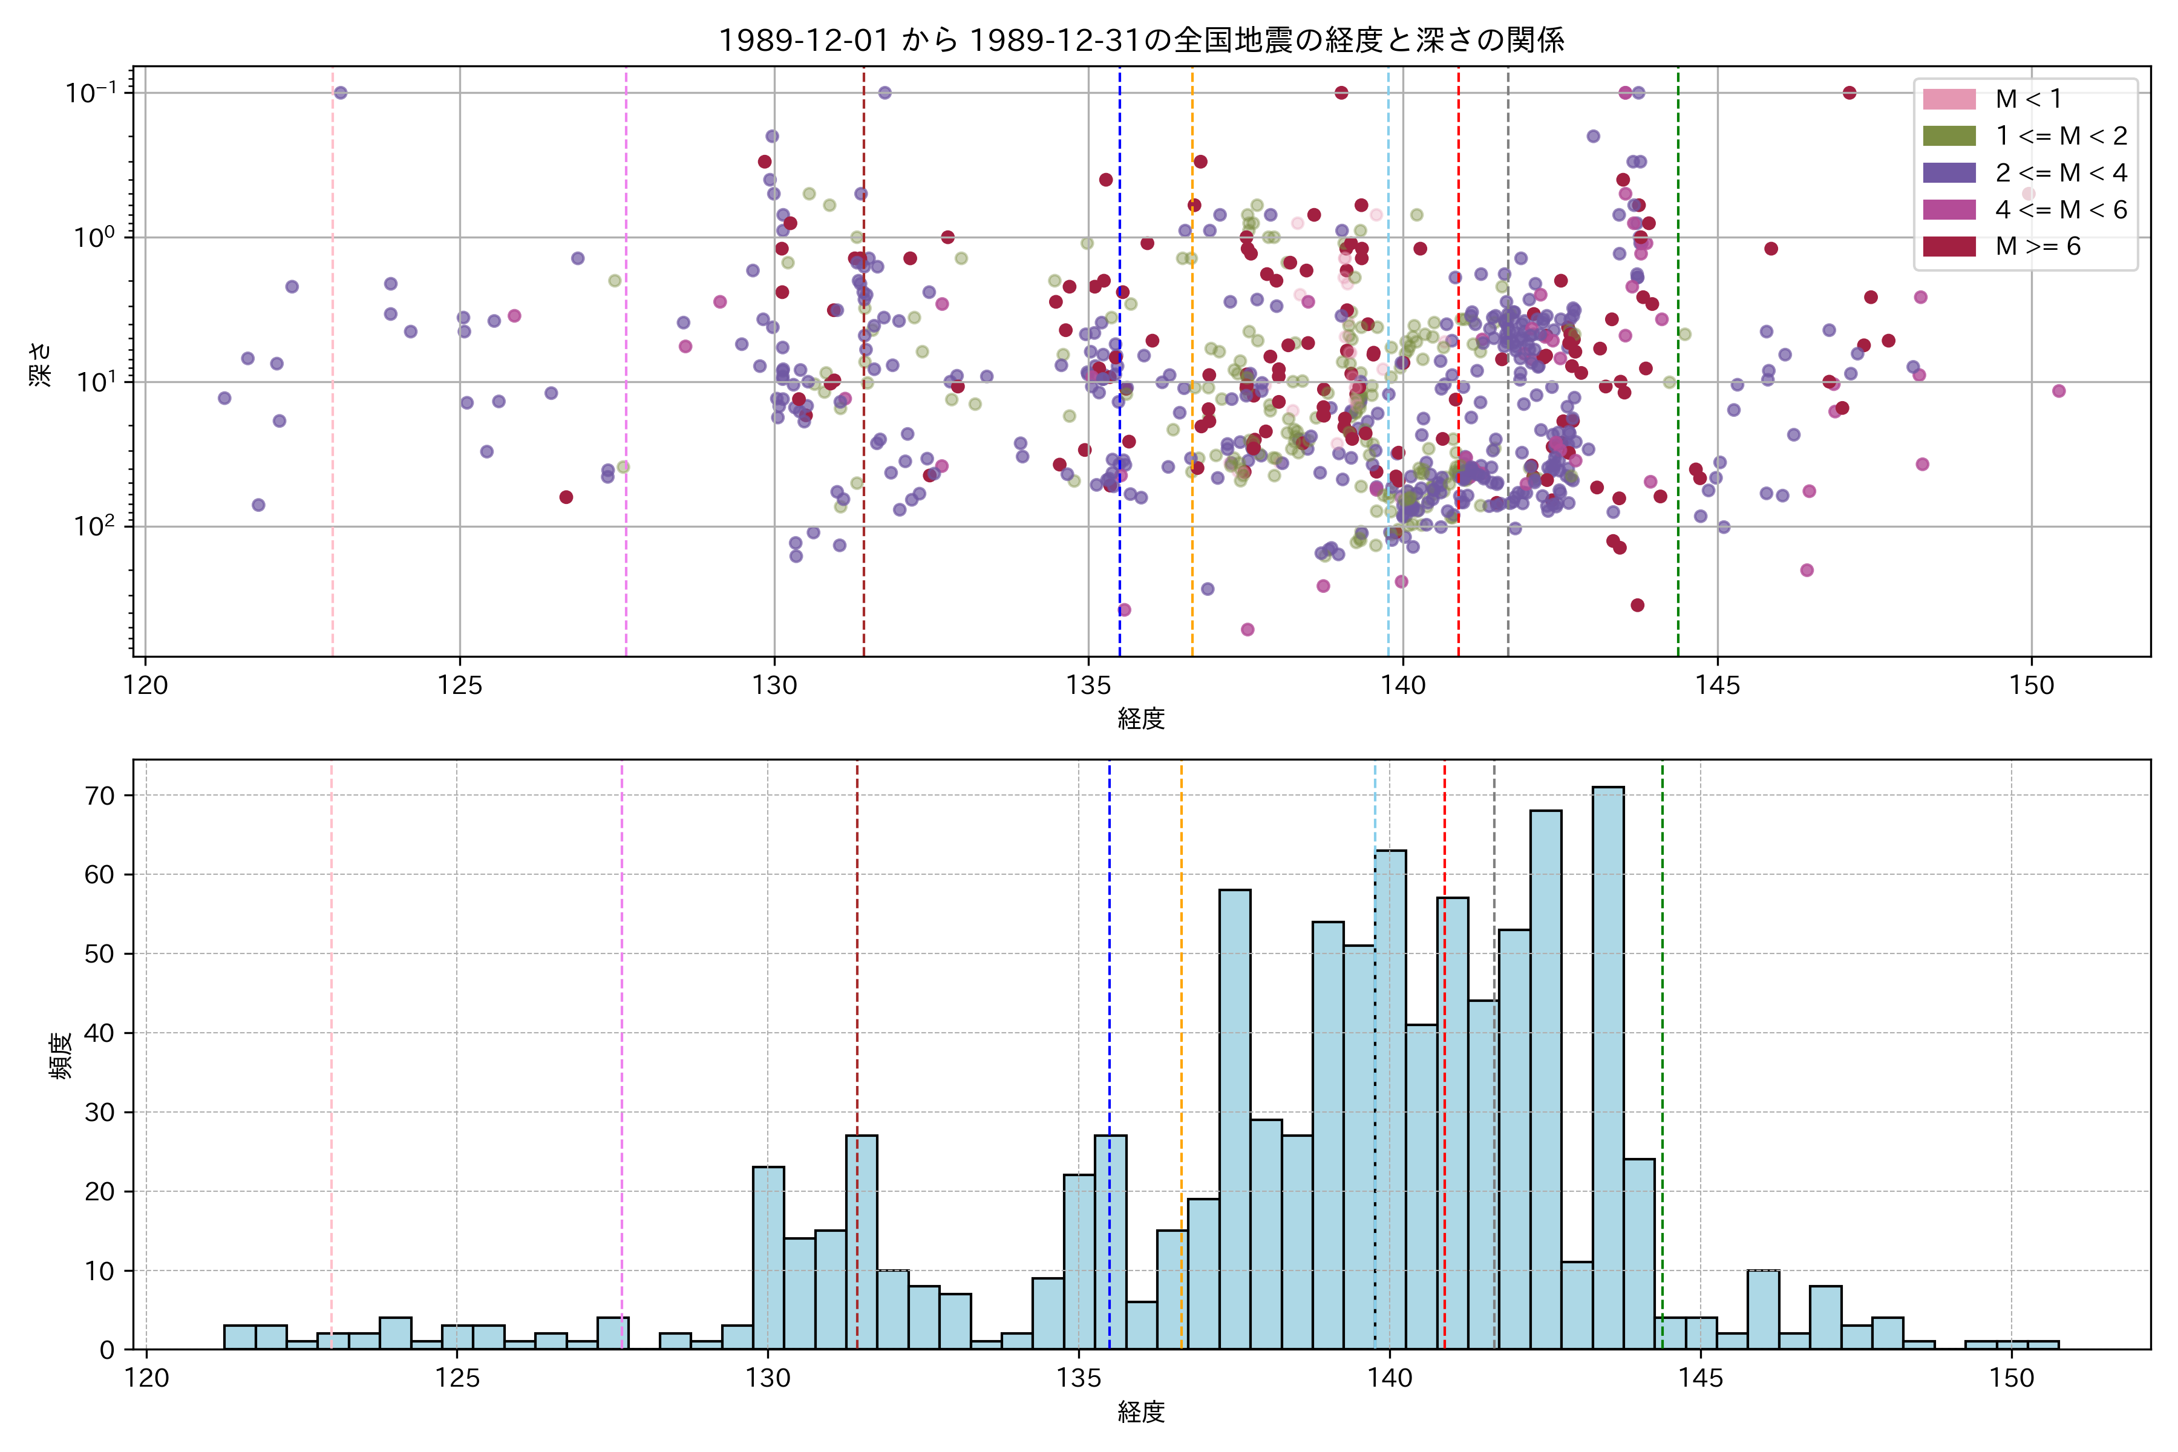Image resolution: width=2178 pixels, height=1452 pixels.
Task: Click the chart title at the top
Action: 1141,40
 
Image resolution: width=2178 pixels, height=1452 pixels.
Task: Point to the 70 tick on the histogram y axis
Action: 99,796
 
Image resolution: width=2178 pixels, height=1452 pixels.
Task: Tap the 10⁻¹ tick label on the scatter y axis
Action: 92,93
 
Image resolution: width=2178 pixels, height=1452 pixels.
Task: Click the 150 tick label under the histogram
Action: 2011,1379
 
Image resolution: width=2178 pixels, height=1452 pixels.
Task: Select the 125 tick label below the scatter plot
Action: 460,686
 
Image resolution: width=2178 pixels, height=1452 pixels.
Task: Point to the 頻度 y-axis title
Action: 61,1056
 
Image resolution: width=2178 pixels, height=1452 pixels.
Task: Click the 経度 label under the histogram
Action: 1141,1412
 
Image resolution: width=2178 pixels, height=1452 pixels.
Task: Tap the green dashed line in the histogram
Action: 1662,1019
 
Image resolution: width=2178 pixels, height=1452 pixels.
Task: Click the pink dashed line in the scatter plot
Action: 332,417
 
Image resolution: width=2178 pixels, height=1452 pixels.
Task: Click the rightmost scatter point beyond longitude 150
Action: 2059,391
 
